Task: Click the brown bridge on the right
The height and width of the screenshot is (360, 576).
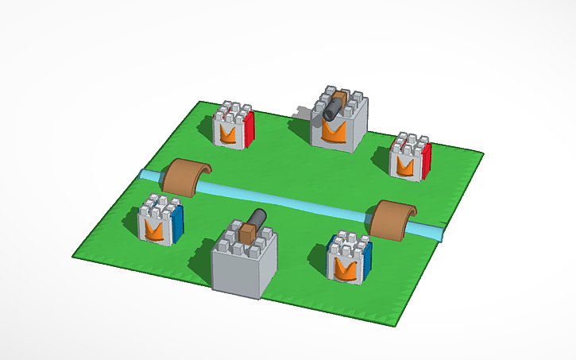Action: point(394,218)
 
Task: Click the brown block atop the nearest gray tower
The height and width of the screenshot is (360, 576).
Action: point(247,234)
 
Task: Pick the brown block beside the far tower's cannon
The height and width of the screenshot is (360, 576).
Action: point(341,100)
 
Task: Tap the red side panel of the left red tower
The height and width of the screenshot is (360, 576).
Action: point(249,129)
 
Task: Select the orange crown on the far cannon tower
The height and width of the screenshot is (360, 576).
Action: point(334,132)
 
